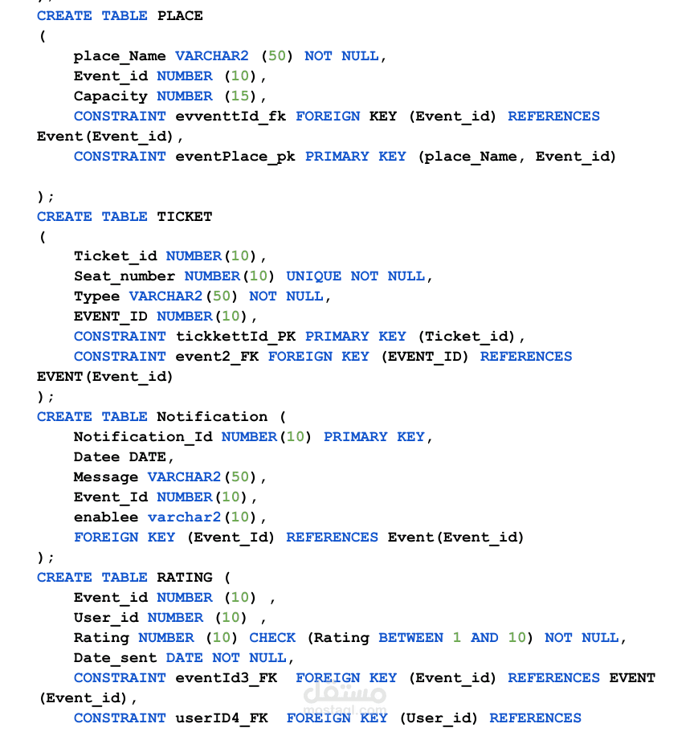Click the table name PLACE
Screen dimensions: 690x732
[x=180, y=16]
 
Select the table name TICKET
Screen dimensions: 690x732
[x=185, y=217]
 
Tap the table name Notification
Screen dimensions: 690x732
[x=212, y=416]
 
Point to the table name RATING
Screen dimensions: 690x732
[x=185, y=578]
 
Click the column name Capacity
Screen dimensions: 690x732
[x=111, y=96]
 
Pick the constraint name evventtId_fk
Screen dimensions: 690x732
[x=231, y=117]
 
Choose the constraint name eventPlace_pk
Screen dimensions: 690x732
[x=235, y=157]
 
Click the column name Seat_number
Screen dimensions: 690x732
[x=125, y=276]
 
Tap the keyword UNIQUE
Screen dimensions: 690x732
[x=314, y=276]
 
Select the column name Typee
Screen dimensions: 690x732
[x=97, y=297]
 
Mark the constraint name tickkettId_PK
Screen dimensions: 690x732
[x=235, y=337]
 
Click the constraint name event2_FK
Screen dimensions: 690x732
[x=217, y=357]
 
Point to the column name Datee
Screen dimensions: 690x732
[x=97, y=456]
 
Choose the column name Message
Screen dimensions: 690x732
[x=106, y=477]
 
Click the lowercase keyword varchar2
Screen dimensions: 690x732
[x=185, y=517]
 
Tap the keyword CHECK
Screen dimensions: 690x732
[x=272, y=638]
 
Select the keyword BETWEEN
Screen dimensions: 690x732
[x=410, y=638]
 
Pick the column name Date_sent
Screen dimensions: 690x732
[x=116, y=658]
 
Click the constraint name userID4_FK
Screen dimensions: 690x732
[x=221, y=718]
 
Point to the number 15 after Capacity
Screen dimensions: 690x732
[x=240, y=96]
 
